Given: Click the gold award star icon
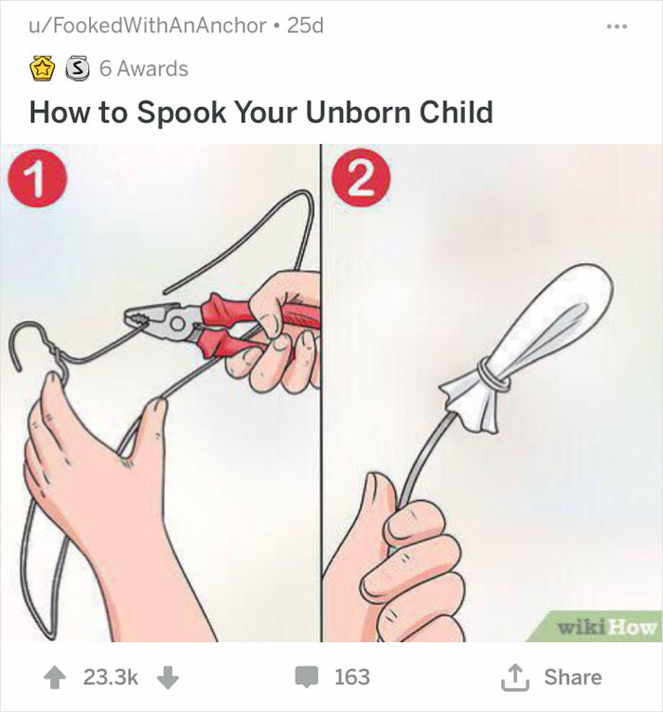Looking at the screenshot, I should (x=41, y=69).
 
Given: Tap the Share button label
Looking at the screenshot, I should (x=572, y=677).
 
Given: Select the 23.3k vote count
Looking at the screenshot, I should (x=112, y=677).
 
